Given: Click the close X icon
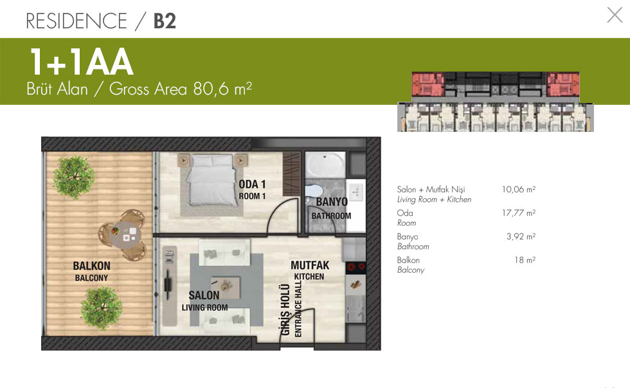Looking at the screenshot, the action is (615, 15).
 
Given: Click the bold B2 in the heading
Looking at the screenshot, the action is (165, 21).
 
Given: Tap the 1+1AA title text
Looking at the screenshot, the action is (81, 62).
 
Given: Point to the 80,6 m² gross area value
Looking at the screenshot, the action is (222, 89).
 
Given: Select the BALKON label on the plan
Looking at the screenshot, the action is (91, 266).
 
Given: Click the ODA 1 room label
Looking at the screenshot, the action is (252, 185).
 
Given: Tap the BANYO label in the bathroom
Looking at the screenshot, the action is (332, 202).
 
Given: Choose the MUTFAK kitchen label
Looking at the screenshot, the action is (310, 265).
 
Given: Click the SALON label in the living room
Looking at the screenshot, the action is (204, 295).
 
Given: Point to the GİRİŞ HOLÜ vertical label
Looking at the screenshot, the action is (285, 309).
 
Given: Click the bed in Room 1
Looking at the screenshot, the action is (211, 181).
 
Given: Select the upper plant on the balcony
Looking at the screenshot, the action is (74, 178).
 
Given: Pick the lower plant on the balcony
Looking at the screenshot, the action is (102, 308).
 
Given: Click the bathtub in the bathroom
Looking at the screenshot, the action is (325, 165).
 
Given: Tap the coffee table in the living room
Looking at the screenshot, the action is (226, 288).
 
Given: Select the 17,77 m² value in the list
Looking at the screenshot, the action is (519, 213).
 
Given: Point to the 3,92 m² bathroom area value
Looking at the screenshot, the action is (521, 236).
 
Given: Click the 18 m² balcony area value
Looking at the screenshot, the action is (525, 260).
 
